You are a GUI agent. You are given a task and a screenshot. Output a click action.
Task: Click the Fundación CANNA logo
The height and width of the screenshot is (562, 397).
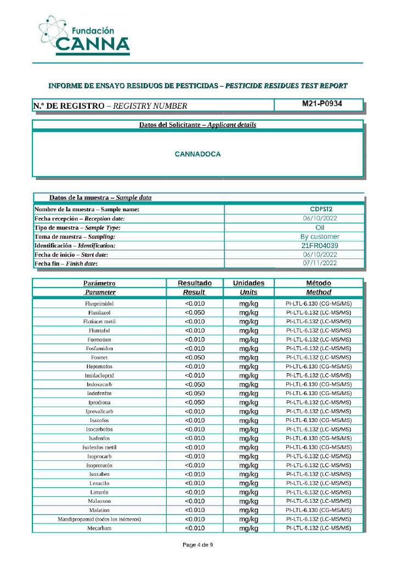tap(85, 36)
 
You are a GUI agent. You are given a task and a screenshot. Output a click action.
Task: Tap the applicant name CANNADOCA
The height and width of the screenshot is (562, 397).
tap(197, 154)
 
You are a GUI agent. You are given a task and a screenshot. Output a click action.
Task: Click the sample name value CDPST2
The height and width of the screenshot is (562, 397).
tap(320, 209)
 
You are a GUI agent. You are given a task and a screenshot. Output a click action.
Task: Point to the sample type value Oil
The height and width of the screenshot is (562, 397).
tap(320, 227)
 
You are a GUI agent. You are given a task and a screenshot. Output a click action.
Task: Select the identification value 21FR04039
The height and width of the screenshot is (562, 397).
tap(320, 245)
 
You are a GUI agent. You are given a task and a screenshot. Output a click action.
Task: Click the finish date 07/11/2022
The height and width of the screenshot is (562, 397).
tap(320, 263)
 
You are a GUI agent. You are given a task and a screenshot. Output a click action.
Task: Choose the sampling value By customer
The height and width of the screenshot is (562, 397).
tap(320, 237)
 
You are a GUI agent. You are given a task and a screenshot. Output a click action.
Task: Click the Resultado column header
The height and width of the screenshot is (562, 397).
tap(195, 283)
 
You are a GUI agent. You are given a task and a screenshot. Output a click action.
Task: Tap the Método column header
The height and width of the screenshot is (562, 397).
tap(319, 283)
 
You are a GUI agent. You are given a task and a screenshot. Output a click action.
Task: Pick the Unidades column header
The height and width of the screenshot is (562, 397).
tap(248, 283)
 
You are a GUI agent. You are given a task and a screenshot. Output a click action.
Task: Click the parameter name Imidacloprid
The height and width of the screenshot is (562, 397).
tap(99, 375)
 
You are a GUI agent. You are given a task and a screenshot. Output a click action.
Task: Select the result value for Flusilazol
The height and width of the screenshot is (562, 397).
tap(195, 312)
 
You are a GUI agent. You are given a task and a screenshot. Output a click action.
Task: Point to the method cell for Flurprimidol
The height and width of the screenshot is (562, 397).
tap(319, 304)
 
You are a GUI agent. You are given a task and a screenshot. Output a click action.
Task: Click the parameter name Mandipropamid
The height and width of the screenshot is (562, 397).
tap(99, 519)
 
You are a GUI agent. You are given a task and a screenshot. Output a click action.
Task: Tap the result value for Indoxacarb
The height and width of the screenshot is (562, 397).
tap(195, 384)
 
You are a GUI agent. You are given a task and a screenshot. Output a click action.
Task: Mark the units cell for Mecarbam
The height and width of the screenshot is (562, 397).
tap(248, 528)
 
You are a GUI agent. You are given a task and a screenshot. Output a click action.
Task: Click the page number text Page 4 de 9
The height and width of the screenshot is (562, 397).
tap(197, 545)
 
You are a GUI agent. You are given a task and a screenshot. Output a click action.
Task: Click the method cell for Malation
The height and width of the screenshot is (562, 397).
tap(319, 510)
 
